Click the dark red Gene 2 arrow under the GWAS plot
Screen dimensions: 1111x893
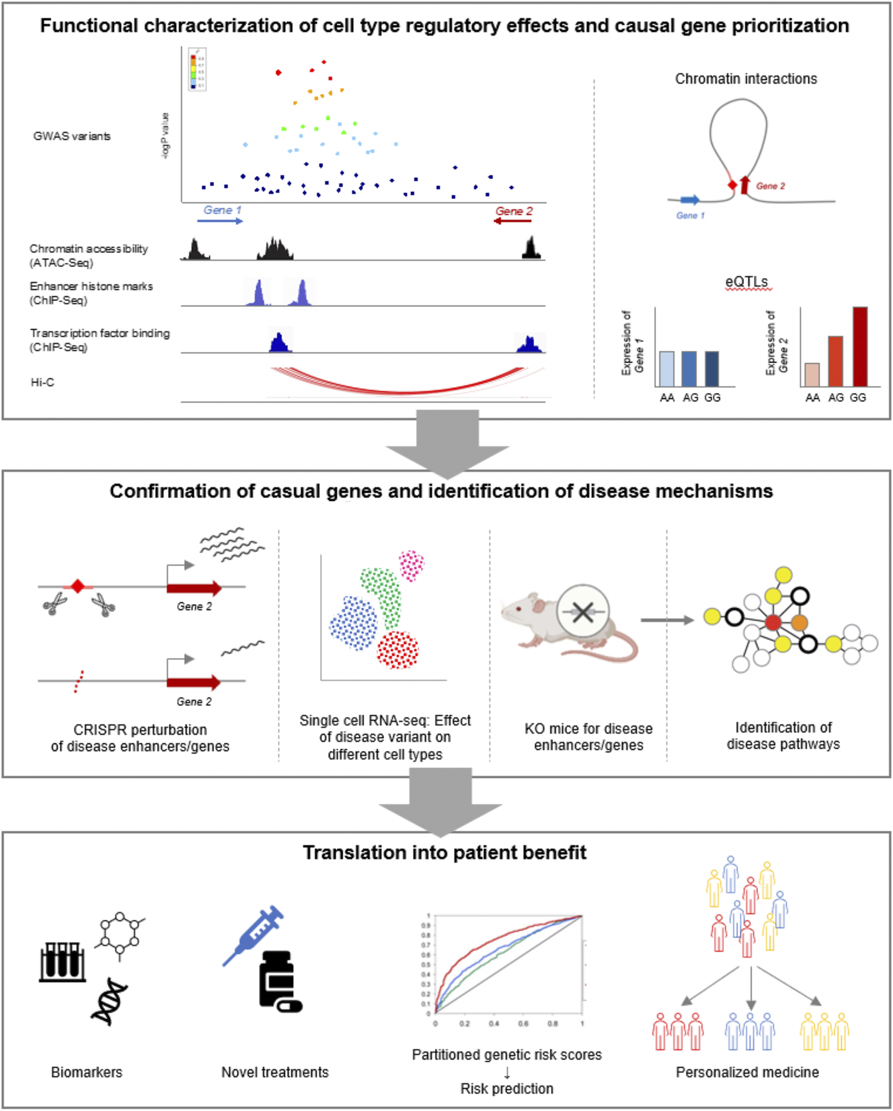(513, 221)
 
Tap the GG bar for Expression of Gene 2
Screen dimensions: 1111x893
(860, 347)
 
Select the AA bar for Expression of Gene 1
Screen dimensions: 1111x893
(667, 369)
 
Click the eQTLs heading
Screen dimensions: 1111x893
(746, 282)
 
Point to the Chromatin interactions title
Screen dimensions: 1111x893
(746, 79)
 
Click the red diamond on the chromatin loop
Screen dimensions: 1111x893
(732, 185)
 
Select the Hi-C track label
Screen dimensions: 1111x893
(42, 382)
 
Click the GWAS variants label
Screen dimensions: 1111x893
(71, 136)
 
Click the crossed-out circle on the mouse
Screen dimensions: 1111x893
(583, 612)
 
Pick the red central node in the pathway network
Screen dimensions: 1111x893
(773, 623)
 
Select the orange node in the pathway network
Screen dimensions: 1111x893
(799, 623)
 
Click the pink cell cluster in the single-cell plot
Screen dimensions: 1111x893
(411, 565)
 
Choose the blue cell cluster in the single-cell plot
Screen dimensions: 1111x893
(353, 623)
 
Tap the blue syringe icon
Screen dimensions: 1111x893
(253, 935)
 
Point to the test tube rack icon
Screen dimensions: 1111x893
(62, 962)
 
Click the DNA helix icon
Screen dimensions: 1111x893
(109, 1002)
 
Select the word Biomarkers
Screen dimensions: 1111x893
(86, 1072)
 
